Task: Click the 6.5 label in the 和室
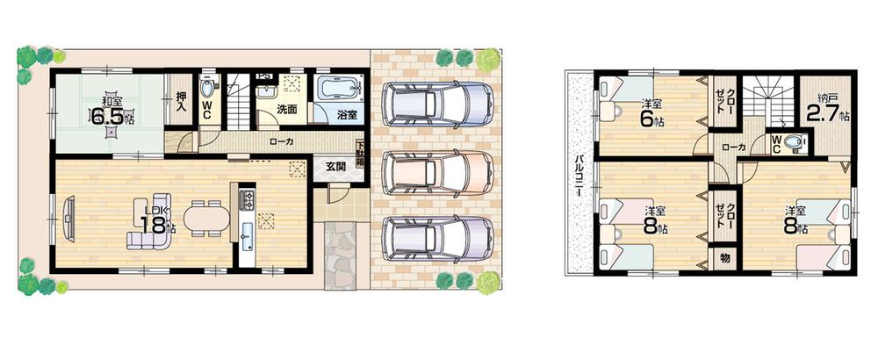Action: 112,115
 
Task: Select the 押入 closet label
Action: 180,103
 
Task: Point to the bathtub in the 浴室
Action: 336,90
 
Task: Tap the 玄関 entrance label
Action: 336,168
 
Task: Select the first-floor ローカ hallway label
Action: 282,140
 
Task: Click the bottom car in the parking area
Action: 434,236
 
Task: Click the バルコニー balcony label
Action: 580,175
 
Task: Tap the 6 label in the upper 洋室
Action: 648,115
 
